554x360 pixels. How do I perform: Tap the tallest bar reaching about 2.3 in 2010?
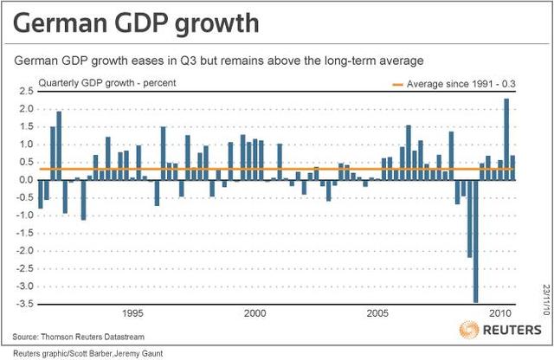click(x=506, y=138)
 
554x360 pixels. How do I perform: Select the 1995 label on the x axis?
click(x=132, y=313)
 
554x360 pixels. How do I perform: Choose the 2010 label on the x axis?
click(x=499, y=313)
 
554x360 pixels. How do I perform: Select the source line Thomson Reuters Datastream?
click(x=88, y=336)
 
